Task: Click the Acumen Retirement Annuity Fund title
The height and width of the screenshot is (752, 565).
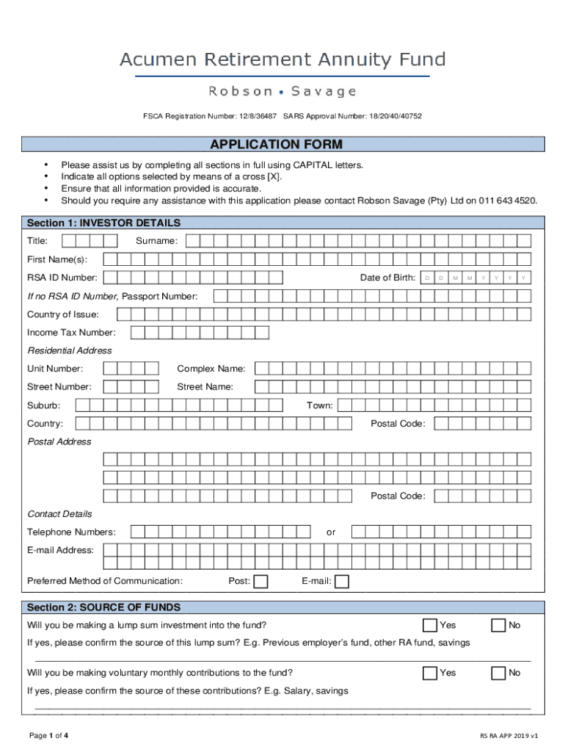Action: pos(282,59)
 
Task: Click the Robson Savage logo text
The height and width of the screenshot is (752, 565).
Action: pos(282,92)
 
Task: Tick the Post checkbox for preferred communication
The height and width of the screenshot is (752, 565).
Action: pos(260,582)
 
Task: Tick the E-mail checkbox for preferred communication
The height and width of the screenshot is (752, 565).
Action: pos(342,582)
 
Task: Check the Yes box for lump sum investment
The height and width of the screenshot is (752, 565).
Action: pos(430,626)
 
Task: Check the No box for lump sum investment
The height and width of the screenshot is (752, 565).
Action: pos(498,626)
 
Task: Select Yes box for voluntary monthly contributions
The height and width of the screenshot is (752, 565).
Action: pos(430,673)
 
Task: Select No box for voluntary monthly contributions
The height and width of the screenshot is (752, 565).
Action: pos(498,673)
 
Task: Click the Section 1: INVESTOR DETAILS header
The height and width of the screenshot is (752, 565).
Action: pos(103,223)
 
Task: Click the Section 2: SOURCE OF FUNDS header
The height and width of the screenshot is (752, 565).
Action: pos(103,607)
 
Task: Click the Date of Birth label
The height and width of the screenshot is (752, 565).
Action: pos(387,278)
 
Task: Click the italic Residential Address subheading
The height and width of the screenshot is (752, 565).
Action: pos(70,350)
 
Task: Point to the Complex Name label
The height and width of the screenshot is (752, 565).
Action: pos(211,369)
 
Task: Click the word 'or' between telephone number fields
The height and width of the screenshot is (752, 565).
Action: pos(331,532)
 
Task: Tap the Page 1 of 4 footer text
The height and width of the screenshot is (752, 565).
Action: pos(48,735)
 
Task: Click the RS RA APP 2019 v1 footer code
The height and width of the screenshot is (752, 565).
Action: pos(509,736)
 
